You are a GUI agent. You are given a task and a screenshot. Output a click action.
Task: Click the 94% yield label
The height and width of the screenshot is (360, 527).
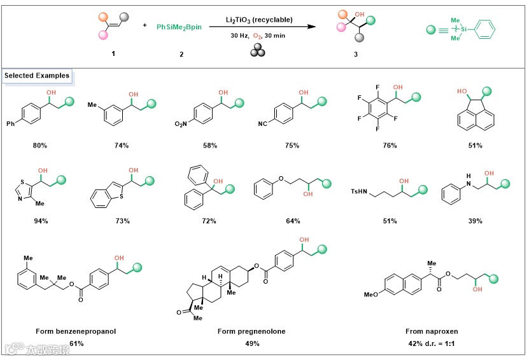[39, 221]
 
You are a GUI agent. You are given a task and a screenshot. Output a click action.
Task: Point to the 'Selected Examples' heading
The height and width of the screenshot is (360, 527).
[37, 76]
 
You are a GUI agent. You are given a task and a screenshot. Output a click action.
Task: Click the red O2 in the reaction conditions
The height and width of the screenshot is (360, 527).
[260, 36]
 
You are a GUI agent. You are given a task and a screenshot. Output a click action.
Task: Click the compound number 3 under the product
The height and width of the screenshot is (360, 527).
[356, 55]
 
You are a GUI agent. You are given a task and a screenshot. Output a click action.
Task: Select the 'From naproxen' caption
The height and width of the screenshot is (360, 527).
[433, 331]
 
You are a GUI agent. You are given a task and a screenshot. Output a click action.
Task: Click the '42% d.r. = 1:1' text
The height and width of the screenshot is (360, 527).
[433, 343]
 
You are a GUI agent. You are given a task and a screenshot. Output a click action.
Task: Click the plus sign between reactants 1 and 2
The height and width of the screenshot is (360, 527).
[145, 25]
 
